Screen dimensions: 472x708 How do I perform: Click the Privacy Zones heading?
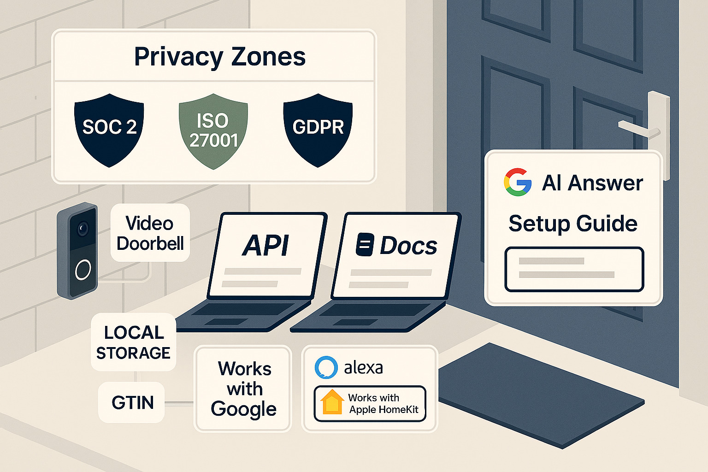220,57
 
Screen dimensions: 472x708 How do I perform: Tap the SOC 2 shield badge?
109,129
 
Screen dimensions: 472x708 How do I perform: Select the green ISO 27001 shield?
213,130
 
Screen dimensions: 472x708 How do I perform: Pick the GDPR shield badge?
318,129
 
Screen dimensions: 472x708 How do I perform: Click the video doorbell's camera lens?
83,228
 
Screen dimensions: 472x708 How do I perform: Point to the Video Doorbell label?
150,233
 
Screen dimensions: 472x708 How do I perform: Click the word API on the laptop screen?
266,245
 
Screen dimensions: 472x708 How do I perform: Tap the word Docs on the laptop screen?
408,246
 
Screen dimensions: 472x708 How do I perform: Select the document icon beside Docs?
365,245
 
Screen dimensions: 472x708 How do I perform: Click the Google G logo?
518,183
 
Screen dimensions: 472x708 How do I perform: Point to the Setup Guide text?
573,224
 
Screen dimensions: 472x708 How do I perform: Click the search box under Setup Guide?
574,269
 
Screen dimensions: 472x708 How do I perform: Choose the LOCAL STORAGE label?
133,342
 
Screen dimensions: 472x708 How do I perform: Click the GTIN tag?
132,402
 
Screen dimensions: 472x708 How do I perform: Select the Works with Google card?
243,389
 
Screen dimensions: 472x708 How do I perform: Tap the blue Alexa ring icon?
326,367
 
